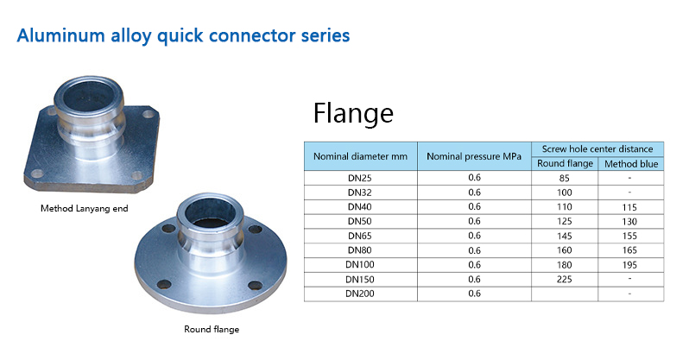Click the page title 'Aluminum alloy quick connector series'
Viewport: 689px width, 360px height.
[x=183, y=35]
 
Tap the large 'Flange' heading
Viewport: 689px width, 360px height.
[x=353, y=114]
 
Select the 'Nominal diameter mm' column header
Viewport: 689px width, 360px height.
[x=360, y=156]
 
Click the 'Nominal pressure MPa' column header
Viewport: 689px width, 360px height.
[x=474, y=156]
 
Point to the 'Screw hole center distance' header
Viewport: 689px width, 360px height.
[x=597, y=149]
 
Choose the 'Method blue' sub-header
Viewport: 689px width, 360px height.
[x=631, y=164]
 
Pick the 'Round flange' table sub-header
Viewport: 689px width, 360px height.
[x=565, y=163]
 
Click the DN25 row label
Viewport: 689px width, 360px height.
[x=360, y=178]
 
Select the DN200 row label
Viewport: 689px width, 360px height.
[x=360, y=294]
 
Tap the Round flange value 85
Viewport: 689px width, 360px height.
[x=564, y=178]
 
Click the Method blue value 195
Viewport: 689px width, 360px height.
[x=629, y=265]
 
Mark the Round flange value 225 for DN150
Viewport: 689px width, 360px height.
[x=564, y=279]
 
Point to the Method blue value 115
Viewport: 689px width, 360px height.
[x=629, y=207]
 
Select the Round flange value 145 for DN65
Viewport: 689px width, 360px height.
[x=564, y=236]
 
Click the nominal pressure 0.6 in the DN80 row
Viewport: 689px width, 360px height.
[x=475, y=250]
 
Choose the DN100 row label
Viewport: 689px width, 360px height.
[x=360, y=265]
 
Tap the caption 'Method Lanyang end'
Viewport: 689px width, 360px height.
[x=85, y=208]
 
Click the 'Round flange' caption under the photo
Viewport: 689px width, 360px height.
[x=212, y=329]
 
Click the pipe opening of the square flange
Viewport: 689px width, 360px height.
[x=90, y=95]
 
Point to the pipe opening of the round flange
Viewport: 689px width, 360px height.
[x=212, y=212]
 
